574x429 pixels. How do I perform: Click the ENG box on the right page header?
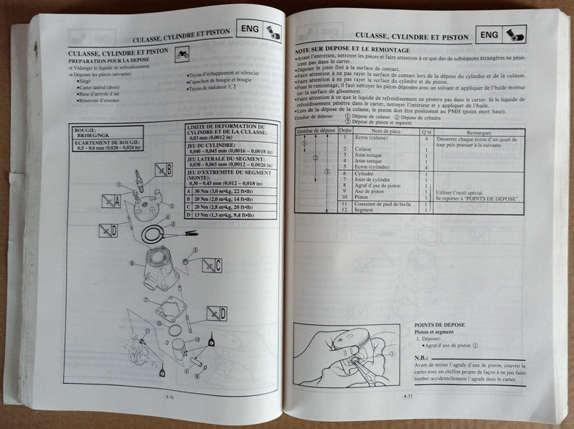(488, 34)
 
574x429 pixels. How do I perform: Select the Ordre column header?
(344, 133)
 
